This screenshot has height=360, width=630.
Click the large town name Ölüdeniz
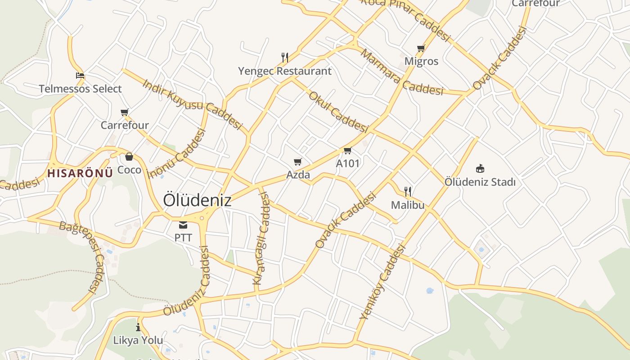click(x=197, y=200)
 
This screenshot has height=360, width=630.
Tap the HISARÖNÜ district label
click(x=80, y=173)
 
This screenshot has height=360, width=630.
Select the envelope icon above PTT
click(x=183, y=225)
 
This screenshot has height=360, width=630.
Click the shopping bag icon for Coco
click(x=129, y=157)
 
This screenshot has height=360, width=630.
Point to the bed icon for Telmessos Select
click(x=80, y=76)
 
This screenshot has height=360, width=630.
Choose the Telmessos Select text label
click(x=80, y=89)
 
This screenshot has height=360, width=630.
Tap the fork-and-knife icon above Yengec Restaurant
click(x=285, y=58)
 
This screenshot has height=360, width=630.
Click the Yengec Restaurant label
click(x=285, y=71)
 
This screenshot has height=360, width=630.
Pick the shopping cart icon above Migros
click(x=421, y=48)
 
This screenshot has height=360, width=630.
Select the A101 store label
click(x=348, y=163)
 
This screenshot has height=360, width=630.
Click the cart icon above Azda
click(x=298, y=162)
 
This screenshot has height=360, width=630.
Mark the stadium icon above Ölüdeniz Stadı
click(x=480, y=169)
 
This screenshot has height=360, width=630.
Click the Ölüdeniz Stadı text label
click(x=480, y=182)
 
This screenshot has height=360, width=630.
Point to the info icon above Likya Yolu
click(x=138, y=327)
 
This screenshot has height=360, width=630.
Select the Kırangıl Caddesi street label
click(x=261, y=238)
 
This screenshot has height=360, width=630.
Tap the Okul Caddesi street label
click(x=337, y=111)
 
